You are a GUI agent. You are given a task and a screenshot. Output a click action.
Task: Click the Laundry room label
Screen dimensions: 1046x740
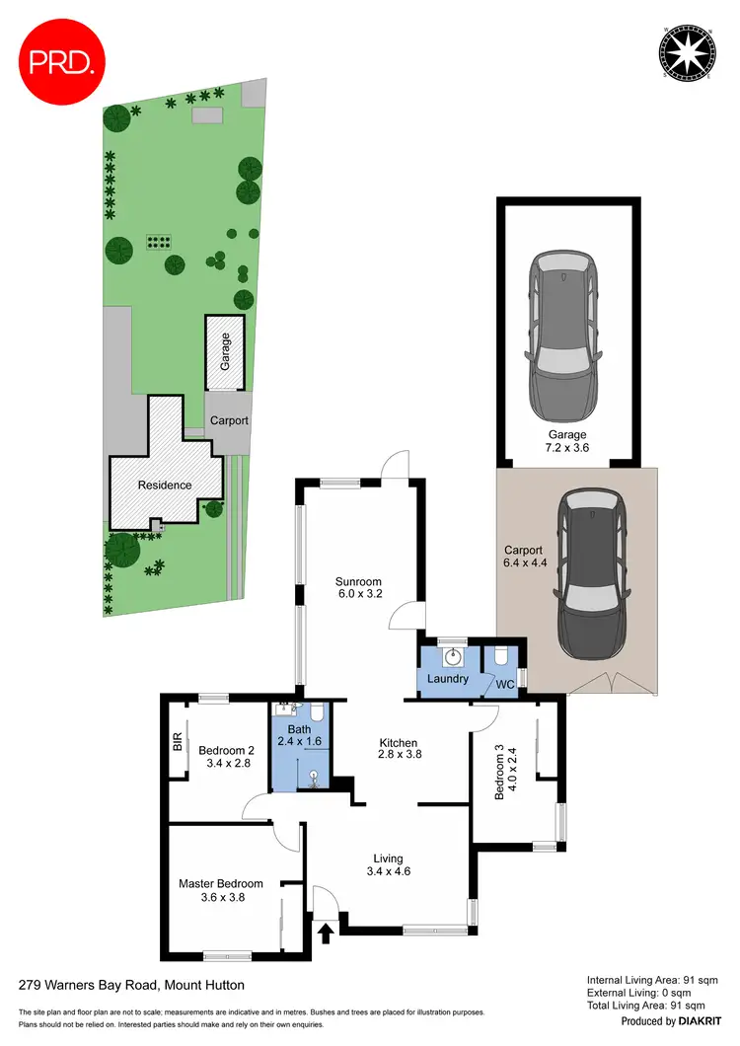click(x=448, y=679)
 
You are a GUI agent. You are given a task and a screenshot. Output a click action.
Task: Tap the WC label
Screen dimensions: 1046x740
click(x=504, y=683)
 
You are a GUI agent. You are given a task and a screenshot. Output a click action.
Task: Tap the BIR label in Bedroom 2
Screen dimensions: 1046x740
click(x=177, y=740)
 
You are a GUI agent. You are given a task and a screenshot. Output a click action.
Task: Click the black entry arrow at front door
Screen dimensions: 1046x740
click(x=326, y=931)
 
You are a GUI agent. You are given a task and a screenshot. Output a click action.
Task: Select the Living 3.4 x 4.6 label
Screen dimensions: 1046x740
click(x=388, y=865)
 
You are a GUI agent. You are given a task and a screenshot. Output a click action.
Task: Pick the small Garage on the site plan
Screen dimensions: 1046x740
click(x=225, y=351)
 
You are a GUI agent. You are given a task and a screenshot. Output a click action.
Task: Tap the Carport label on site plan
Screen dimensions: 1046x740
click(x=228, y=420)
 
